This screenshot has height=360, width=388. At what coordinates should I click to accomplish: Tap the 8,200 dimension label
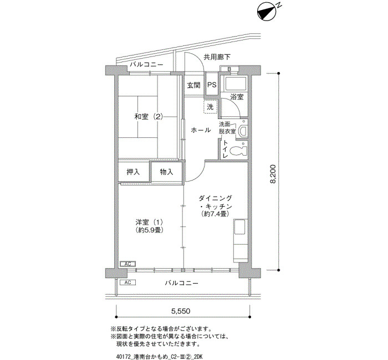click(273, 174)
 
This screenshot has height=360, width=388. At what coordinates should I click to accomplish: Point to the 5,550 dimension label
click(181, 311)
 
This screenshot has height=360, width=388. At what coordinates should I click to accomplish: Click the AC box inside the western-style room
click(127, 264)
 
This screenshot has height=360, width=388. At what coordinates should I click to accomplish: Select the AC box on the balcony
click(127, 282)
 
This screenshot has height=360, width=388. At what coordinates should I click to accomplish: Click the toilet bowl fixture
click(238, 151)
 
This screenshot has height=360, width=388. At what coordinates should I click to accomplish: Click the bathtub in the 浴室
click(235, 84)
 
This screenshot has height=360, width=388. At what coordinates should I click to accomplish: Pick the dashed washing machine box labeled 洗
click(210, 107)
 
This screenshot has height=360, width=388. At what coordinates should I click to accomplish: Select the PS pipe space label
click(212, 85)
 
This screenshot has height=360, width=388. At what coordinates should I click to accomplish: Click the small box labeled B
click(229, 69)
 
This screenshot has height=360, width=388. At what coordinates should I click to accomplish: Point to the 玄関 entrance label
click(193, 85)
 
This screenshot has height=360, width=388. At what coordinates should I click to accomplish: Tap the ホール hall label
click(201, 130)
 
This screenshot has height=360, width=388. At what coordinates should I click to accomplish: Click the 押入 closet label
click(133, 172)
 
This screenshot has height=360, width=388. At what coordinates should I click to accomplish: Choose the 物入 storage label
click(166, 172)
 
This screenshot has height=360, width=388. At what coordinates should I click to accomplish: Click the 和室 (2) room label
click(149, 116)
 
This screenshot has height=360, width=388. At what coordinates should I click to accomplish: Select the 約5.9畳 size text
click(149, 230)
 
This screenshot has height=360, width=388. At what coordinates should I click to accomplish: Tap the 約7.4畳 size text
click(215, 214)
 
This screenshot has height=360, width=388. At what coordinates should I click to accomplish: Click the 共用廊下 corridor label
click(217, 58)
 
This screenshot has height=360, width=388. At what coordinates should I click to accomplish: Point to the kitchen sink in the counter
click(240, 227)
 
